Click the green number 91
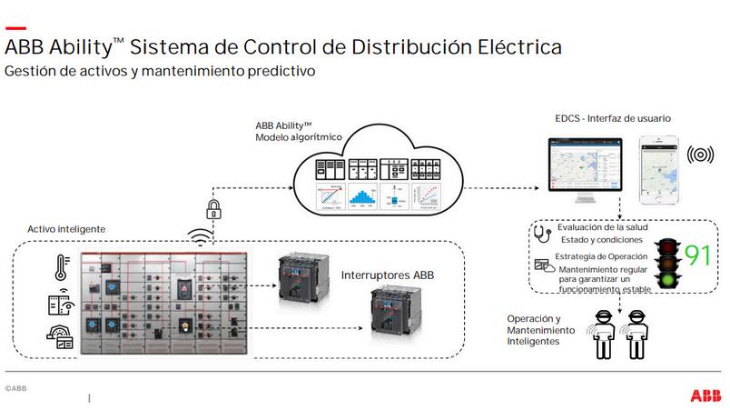(696, 255)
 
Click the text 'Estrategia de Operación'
(603, 257)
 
